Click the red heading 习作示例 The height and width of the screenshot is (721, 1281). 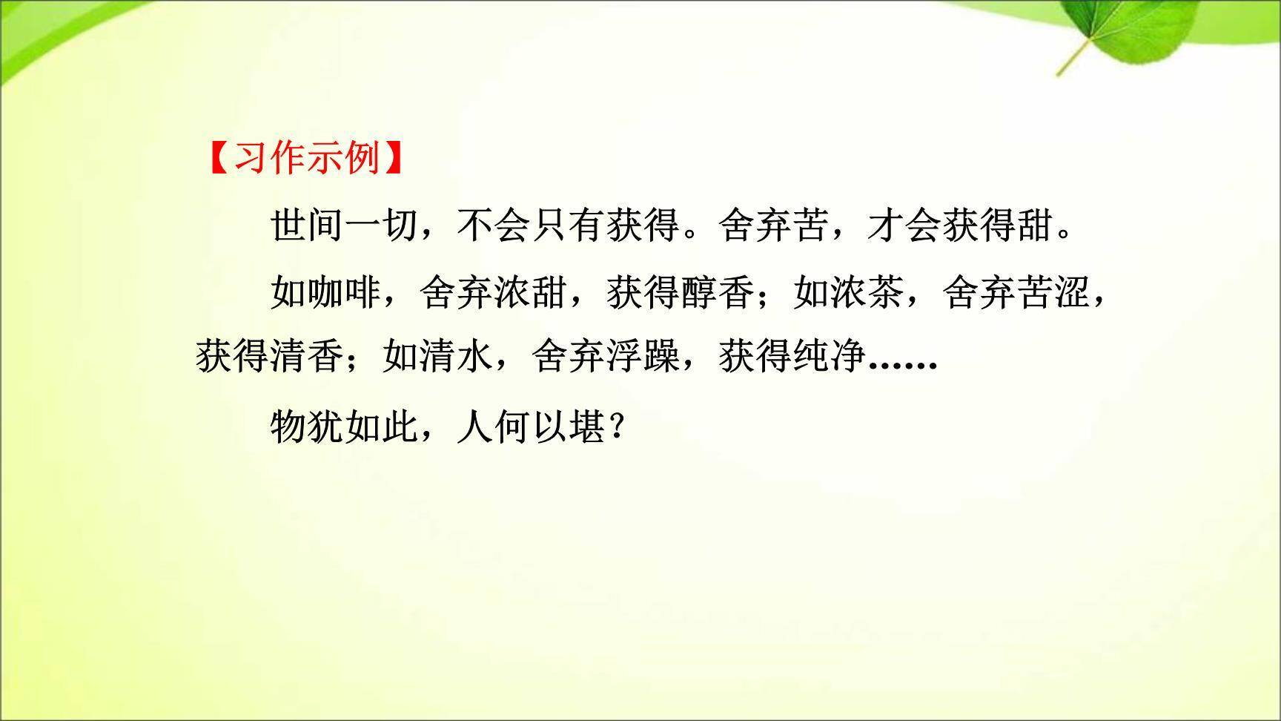(306, 158)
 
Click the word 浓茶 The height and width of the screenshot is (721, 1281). (867, 292)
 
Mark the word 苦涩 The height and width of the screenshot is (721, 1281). (1053, 292)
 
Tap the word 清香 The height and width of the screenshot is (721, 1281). (307, 358)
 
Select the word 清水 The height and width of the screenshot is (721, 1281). (456, 358)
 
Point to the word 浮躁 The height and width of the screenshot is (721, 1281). (643, 358)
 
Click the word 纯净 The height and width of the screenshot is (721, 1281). (830, 358)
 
